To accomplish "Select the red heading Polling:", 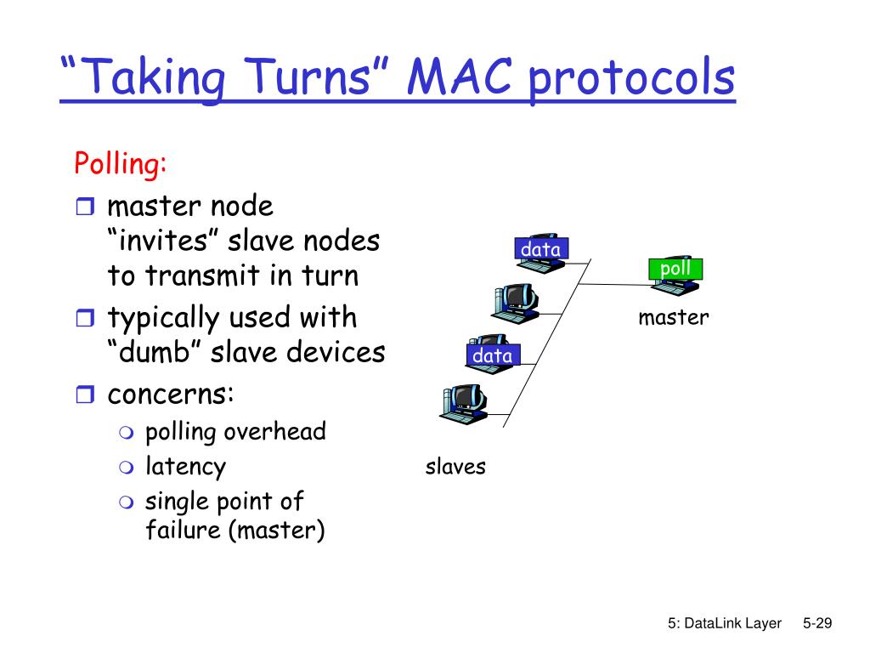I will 120,162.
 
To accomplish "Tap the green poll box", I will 675,270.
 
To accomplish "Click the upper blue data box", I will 540,249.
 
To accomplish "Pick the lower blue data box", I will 493,355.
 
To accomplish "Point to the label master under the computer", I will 674,318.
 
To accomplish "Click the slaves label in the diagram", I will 455,466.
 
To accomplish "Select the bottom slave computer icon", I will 462,403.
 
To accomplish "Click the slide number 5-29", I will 816,624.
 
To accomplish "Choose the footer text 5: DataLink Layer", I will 724,624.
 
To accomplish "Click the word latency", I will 185,466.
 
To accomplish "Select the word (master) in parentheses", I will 281,531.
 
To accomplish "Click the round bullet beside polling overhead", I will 127,433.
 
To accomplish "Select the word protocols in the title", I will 630,78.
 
